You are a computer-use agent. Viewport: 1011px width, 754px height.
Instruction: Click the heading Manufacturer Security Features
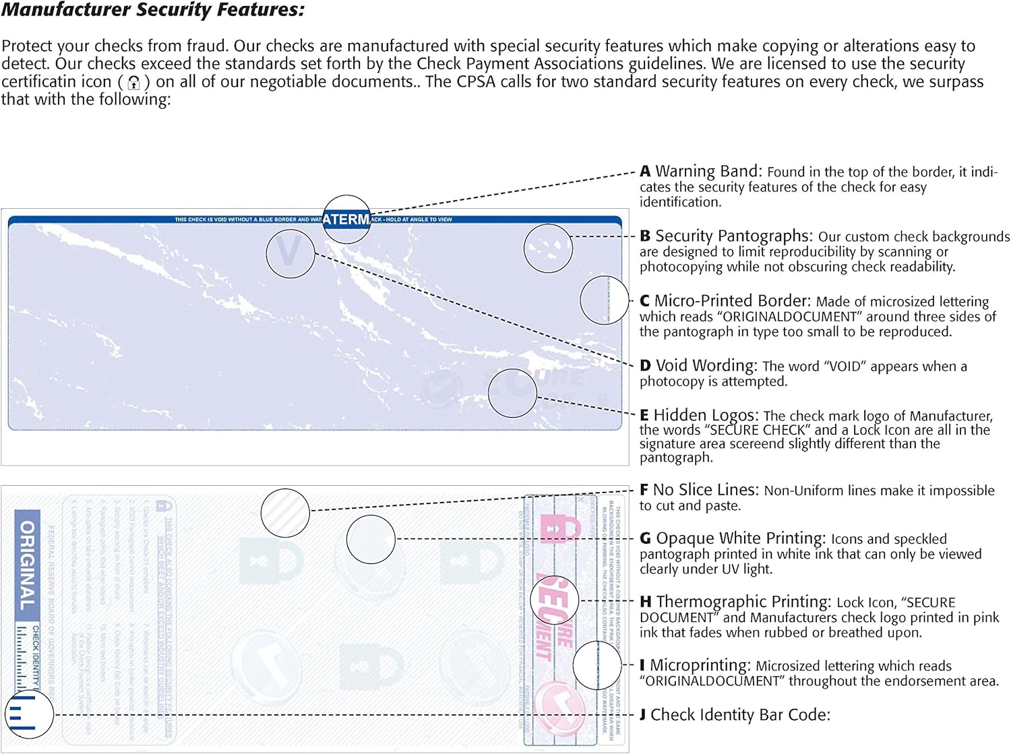(153, 10)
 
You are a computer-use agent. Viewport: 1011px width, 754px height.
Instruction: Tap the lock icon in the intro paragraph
(134, 83)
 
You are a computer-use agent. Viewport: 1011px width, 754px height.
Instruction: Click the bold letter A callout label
(645, 171)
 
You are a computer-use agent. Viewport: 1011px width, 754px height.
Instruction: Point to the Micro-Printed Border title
(732, 301)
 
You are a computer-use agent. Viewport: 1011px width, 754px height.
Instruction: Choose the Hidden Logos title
(706, 415)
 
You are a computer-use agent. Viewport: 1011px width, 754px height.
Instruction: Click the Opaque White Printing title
(740, 538)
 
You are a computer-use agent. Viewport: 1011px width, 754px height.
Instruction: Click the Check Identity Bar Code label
(740, 715)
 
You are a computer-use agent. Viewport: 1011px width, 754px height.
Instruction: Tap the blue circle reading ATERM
(346, 220)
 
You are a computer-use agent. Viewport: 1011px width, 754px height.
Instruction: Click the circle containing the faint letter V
(290, 253)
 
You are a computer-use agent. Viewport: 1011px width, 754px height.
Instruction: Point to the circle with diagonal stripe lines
(285, 513)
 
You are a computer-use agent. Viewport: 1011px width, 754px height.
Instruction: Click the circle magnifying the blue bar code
(29, 714)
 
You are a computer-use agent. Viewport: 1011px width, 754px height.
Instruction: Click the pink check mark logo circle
(559, 708)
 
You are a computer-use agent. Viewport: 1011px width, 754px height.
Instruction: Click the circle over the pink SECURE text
(555, 600)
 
